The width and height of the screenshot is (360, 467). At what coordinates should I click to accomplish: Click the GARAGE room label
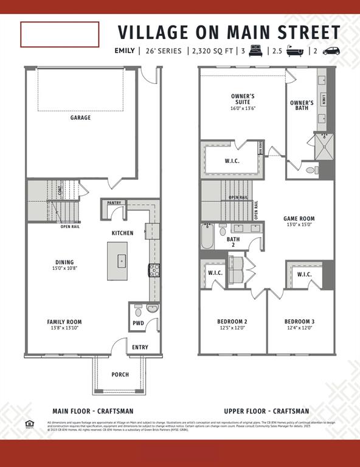(x=80, y=117)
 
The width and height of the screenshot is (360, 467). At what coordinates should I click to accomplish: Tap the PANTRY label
(x=114, y=203)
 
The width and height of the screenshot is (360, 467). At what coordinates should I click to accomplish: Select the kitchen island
(x=117, y=261)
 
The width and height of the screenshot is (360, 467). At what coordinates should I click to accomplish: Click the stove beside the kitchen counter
(x=154, y=271)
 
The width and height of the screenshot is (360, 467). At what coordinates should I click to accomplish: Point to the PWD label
(x=138, y=323)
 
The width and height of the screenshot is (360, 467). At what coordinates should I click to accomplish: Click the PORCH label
(x=120, y=375)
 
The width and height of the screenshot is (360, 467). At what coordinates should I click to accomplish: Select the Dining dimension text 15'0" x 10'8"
(x=64, y=268)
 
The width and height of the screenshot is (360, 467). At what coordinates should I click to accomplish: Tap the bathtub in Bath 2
(x=207, y=237)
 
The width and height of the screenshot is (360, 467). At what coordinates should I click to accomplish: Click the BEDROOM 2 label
(x=232, y=322)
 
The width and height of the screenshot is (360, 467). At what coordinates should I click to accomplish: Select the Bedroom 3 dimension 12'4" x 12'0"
(x=299, y=328)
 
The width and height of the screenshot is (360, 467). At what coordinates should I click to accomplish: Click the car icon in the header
(x=331, y=51)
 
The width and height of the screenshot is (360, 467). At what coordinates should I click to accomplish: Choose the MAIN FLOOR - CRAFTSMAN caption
(x=93, y=411)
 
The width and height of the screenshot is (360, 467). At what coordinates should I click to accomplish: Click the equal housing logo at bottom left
(x=28, y=423)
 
